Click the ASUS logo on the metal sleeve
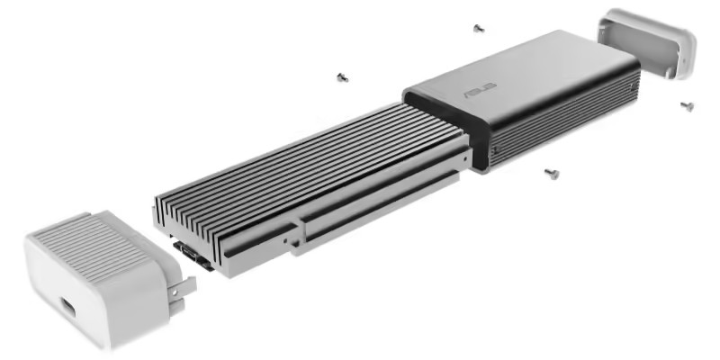tap(481, 91)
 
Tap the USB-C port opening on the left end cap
tap(67, 307)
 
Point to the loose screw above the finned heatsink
tap(342, 77)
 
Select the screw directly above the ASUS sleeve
tap(479, 29)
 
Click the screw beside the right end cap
tap(687, 106)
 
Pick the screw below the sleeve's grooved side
tap(552, 174)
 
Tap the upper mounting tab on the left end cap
tap(182, 288)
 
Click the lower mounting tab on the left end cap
tap(176, 307)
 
